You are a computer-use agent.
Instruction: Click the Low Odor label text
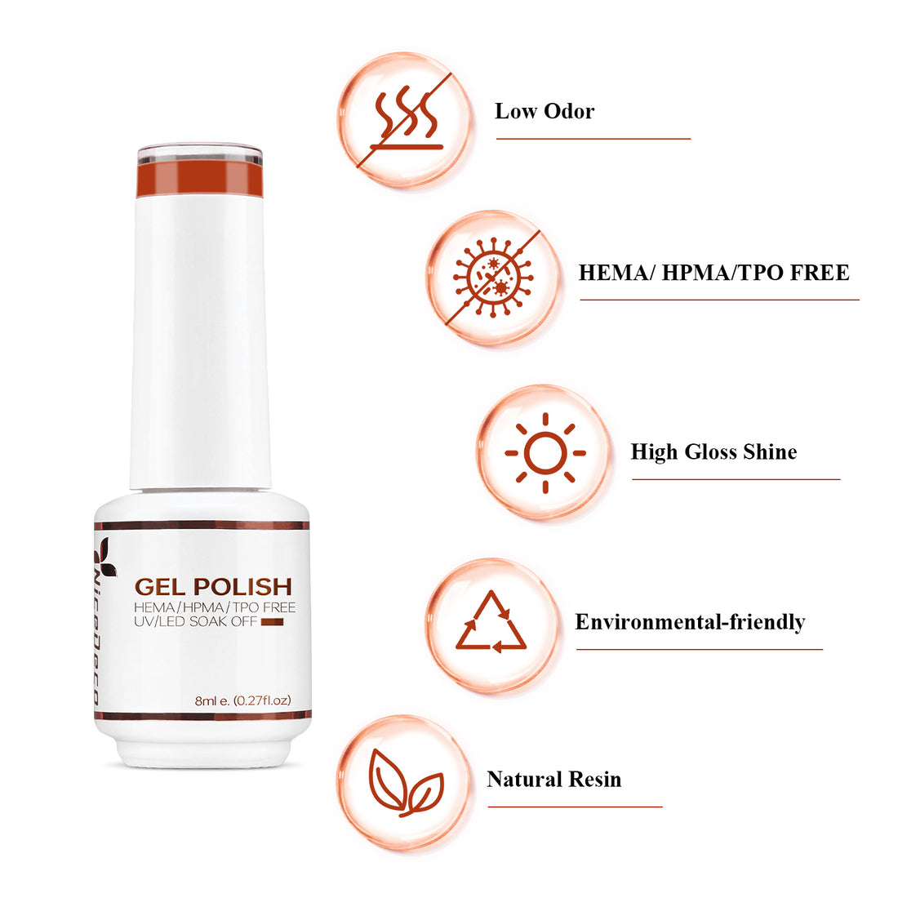(x=545, y=112)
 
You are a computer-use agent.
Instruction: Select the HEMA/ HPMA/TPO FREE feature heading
(x=714, y=273)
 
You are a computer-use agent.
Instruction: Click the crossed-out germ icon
(x=492, y=278)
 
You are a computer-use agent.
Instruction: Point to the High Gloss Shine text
(x=714, y=452)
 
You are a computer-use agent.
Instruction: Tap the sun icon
(x=545, y=453)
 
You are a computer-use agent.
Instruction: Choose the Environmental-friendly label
(x=690, y=622)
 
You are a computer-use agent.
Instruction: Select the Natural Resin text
(x=553, y=780)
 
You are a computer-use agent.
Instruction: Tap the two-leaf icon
(x=405, y=783)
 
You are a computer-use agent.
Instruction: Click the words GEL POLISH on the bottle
(x=213, y=586)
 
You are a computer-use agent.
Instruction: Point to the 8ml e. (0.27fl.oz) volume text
(x=242, y=700)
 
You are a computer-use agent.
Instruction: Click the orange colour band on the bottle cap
(x=200, y=180)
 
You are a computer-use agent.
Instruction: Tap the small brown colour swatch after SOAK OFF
(x=271, y=622)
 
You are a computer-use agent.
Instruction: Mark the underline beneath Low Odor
(x=593, y=139)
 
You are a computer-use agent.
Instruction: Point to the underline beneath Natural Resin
(x=575, y=807)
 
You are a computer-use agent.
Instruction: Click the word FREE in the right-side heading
(x=819, y=273)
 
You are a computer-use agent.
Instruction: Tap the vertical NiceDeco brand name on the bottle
(x=96, y=637)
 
